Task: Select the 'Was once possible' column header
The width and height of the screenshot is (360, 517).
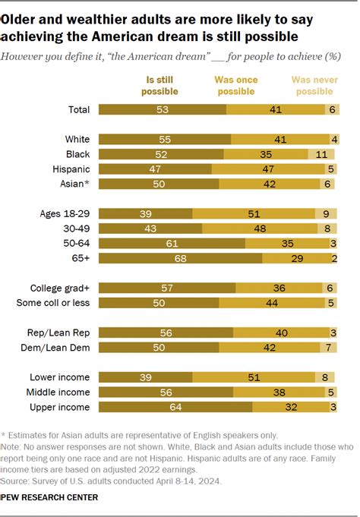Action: pyautogui.click(x=236, y=86)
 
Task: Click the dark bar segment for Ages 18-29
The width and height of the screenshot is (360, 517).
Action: pyautogui.click(x=144, y=213)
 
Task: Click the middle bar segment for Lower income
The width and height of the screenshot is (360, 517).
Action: pyautogui.click(x=254, y=377)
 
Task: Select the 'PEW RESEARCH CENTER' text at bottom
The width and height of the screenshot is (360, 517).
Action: pyautogui.click(x=50, y=497)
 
